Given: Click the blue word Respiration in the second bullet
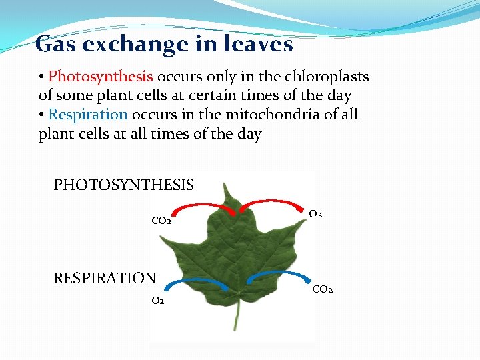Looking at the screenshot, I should (88, 115).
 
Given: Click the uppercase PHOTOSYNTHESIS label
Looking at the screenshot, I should (123, 185).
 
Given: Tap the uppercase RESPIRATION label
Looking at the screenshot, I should (105, 278).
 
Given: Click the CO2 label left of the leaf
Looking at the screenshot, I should (161, 221).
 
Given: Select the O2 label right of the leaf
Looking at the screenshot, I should (316, 215).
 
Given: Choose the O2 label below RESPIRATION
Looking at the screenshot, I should (158, 301).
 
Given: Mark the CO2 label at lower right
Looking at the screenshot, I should (323, 289).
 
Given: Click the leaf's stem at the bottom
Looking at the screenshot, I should (235, 317).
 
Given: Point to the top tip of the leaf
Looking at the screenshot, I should (231, 187).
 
